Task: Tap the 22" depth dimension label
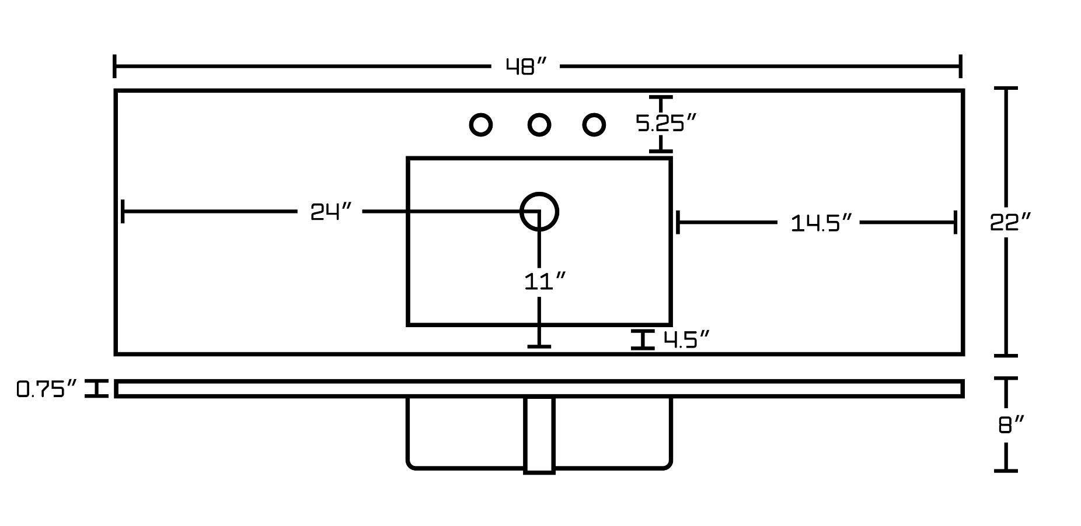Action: [1010, 223]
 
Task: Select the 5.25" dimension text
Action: [666, 124]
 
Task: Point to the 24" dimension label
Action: [330, 212]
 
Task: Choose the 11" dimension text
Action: [545, 282]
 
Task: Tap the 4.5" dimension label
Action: [686, 339]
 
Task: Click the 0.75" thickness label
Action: [47, 389]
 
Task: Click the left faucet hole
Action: [481, 125]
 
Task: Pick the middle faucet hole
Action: [539, 125]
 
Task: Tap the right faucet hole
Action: [594, 125]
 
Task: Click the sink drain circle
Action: [539, 211]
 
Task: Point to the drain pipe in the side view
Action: [539, 434]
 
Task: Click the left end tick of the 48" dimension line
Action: [115, 66]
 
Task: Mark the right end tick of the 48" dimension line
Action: [960, 66]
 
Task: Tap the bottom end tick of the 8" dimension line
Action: [1006, 470]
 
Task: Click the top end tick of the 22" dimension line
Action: [1006, 89]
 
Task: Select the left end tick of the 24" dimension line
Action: [123, 211]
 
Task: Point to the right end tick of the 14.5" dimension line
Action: [955, 222]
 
